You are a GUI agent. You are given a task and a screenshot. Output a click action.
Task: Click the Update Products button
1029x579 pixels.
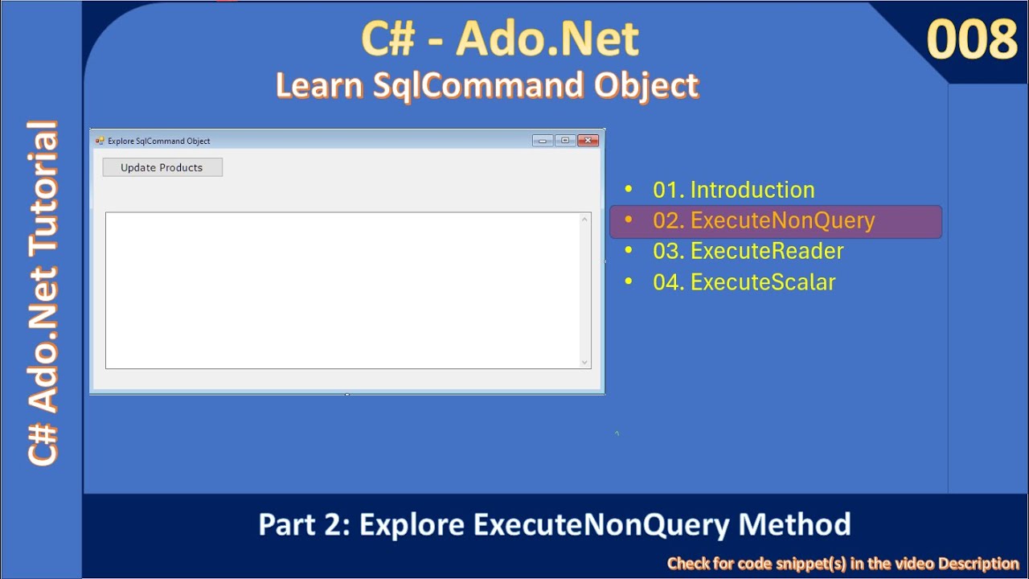click(x=162, y=167)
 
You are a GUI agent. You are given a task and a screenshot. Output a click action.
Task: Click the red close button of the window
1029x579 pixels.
click(x=588, y=141)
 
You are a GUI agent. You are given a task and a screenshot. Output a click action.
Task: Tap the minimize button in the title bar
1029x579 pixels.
click(x=543, y=141)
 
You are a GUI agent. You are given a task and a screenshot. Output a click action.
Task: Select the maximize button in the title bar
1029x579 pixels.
click(x=565, y=141)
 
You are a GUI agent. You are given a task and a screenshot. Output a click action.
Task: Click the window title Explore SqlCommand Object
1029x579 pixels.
click(x=159, y=141)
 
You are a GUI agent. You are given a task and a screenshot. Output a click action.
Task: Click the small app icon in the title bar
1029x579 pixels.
click(x=100, y=141)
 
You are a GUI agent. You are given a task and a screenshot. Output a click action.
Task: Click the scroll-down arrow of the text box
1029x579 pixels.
click(x=584, y=362)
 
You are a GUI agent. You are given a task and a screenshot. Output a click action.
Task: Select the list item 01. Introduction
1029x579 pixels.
click(x=733, y=190)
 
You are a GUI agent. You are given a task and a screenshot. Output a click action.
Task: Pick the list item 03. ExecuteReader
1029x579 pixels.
click(x=748, y=251)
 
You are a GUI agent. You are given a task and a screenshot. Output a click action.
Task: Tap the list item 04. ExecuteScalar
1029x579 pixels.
click(x=744, y=282)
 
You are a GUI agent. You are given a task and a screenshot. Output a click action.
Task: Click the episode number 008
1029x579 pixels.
click(x=972, y=39)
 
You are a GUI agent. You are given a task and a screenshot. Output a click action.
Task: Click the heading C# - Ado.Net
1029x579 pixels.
click(x=500, y=39)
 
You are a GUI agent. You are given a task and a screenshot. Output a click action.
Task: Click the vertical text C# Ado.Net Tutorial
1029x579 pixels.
click(x=43, y=293)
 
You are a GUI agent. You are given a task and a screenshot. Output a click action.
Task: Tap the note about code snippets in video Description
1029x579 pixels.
click(x=842, y=564)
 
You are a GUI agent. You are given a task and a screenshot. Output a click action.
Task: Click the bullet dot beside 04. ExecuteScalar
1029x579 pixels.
click(x=629, y=282)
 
